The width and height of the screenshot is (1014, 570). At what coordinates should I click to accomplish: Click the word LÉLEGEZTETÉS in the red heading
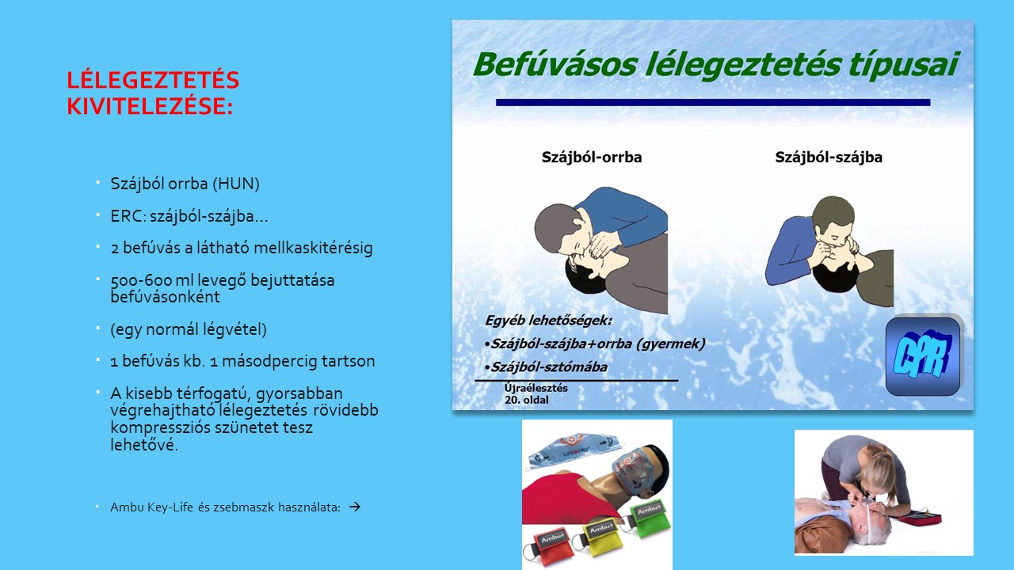pos(153,80)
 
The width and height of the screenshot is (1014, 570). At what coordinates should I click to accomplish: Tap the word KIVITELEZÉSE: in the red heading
pos(150,106)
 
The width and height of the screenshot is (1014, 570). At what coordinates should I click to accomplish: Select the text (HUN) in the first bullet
pos(236,184)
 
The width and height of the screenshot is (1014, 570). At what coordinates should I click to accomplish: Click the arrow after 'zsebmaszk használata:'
pos(355,507)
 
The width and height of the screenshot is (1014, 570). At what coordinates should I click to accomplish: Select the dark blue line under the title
pos(713,102)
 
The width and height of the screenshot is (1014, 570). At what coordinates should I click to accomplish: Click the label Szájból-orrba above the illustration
pos(592,157)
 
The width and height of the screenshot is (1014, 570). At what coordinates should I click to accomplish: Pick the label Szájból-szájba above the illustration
pos(829,157)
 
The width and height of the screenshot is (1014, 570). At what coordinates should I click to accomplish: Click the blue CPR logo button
pos(923,356)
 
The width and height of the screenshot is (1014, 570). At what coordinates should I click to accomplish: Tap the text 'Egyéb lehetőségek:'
pos(548,321)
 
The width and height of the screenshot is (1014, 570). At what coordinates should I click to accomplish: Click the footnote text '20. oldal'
pos(527,400)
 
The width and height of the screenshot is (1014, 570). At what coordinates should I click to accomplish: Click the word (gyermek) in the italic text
pos(670,344)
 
